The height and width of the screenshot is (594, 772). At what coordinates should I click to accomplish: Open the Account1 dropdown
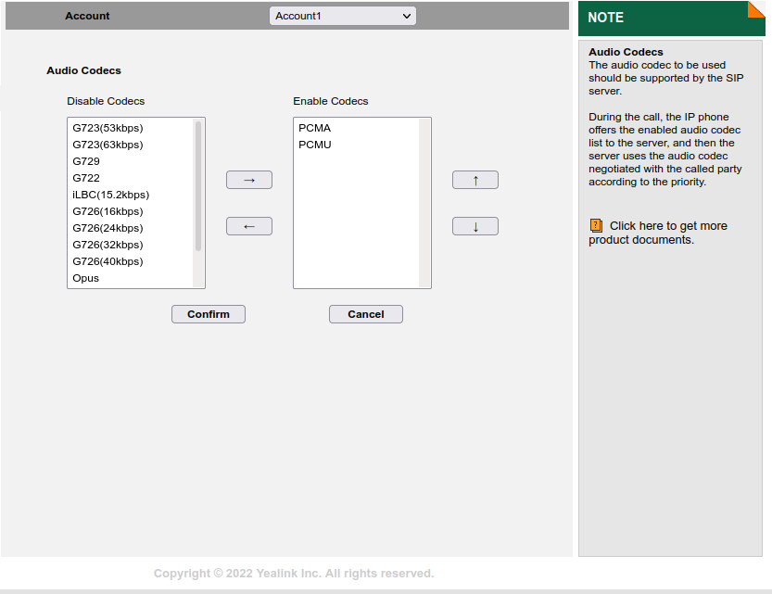coord(343,16)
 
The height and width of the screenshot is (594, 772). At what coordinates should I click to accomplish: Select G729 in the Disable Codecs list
coord(86,161)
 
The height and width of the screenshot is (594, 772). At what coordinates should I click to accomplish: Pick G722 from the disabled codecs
coord(86,178)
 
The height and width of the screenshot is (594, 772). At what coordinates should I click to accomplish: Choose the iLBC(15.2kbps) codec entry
coord(111,195)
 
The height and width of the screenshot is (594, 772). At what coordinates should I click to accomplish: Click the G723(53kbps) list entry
coord(108,128)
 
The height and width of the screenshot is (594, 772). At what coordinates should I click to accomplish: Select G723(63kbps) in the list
coord(108,145)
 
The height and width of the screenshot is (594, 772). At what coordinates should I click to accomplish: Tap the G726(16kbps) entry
coord(108,211)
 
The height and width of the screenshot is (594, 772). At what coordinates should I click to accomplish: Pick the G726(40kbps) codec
coord(108,262)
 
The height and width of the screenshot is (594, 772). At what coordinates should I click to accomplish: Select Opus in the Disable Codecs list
coord(85,279)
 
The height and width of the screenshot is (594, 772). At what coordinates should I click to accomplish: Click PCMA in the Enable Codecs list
coord(314,128)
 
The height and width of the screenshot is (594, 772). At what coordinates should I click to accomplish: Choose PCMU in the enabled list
coord(315,145)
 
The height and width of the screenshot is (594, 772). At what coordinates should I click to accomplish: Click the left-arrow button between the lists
coord(249,226)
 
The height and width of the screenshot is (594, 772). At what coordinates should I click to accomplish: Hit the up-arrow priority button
coord(475,180)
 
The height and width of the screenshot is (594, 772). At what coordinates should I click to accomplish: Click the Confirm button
coord(209,314)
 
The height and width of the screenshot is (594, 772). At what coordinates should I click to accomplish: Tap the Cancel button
coord(366,314)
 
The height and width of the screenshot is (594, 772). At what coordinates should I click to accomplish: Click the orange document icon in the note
coord(596,226)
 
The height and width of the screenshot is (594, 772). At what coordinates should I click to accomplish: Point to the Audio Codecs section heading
coord(83,70)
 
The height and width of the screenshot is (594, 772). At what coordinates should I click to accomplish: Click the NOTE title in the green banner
coord(605,18)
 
